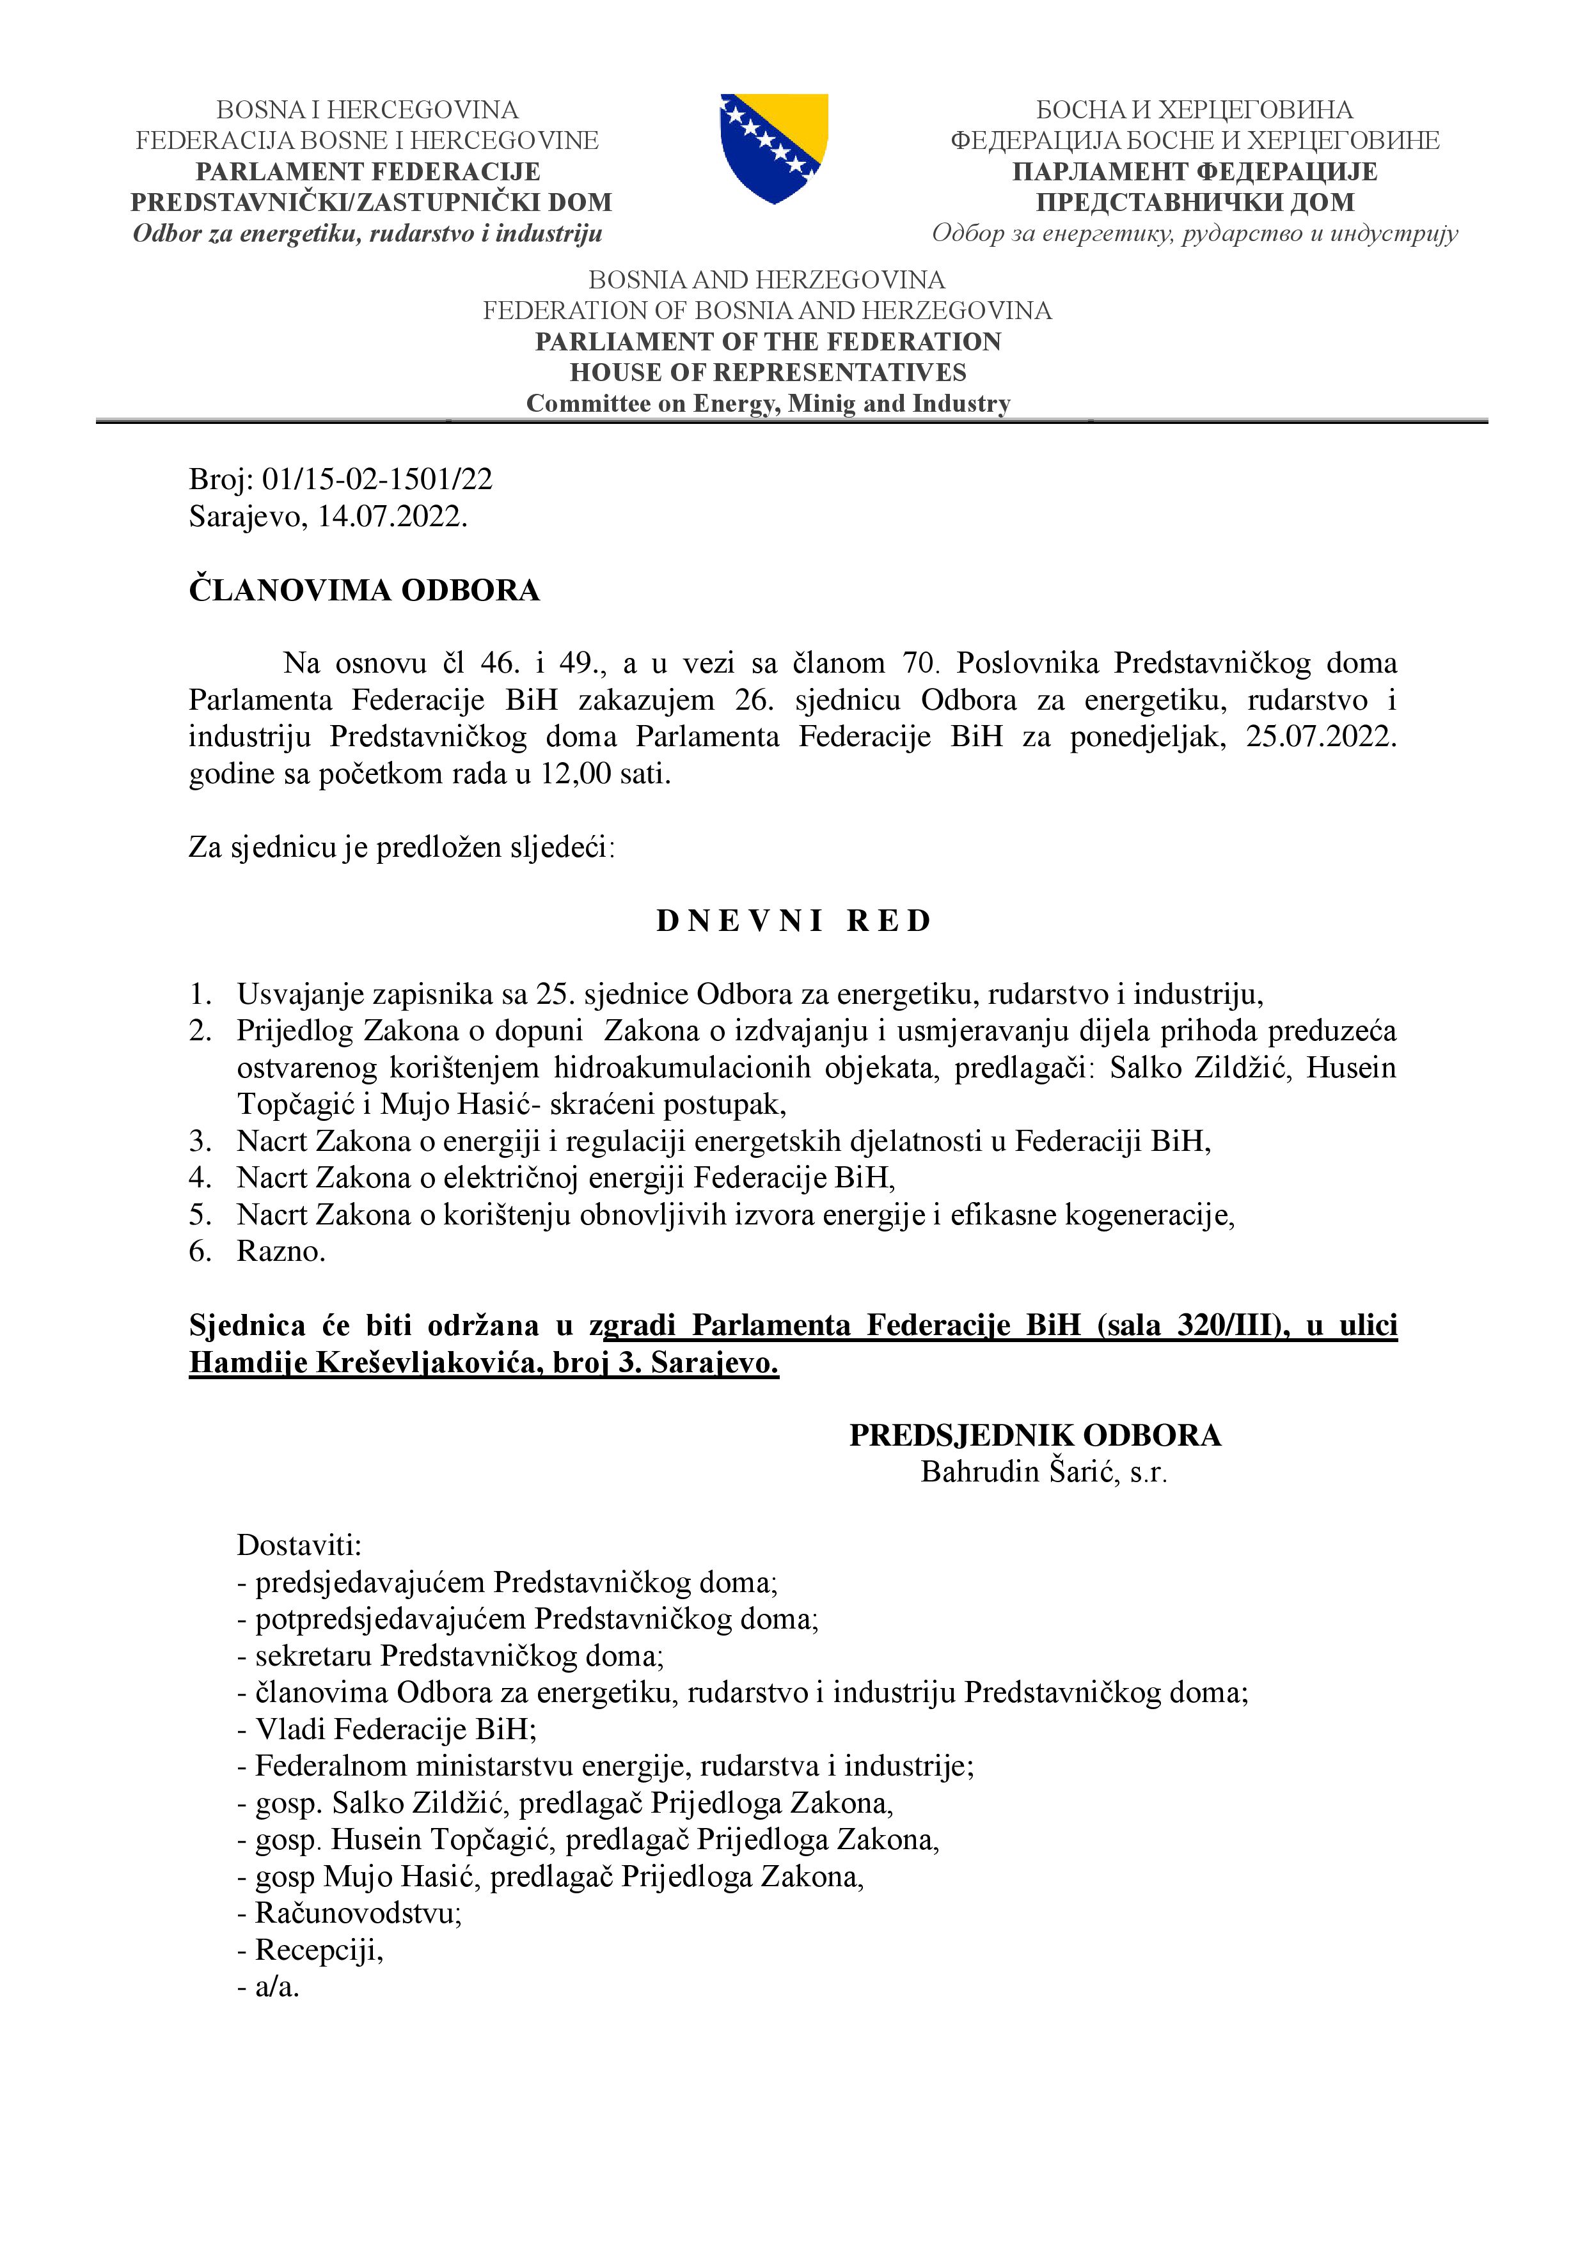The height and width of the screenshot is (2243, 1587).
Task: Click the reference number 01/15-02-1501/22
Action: click(377, 480)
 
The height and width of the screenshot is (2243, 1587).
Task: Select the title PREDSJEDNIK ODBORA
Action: click(1035, 1434)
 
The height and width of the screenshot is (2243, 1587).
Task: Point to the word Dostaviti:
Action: click(299, 1545)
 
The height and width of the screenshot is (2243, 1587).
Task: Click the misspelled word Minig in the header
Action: click(822, 403)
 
